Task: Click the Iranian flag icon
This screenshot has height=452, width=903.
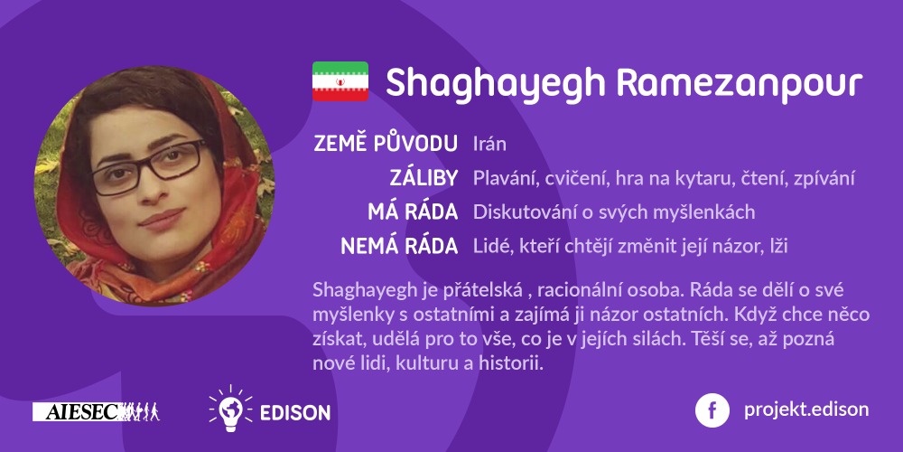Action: tap(340, 81)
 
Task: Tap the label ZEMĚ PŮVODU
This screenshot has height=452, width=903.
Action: tap(386, 143)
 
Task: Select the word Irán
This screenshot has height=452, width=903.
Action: tap(489, 143)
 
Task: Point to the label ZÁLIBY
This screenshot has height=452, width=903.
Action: tap(424, 178)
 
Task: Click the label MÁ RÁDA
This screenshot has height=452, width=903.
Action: tap(413, 212)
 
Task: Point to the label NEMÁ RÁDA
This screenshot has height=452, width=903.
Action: tap(399, 246)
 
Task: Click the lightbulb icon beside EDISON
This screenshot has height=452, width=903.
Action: tap(230, 409)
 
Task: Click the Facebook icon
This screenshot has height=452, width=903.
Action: tap(712, 410)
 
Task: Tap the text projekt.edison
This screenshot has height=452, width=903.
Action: tap(806, 410)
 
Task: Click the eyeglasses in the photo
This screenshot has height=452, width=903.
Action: tap(147, 165)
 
